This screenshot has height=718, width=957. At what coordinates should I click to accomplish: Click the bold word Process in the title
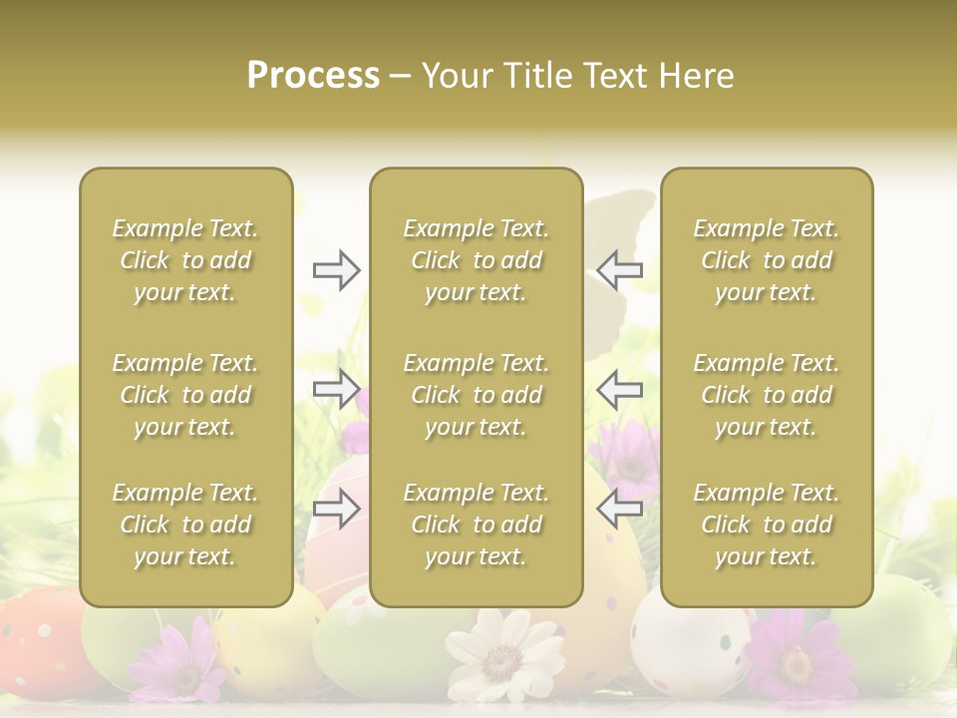coord(313,75)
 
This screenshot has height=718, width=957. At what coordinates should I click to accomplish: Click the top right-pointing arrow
coord(336,270)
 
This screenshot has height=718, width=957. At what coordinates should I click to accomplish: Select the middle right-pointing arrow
coord(336,388)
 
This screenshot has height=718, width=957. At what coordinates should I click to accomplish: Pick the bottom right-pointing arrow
coord(336,509)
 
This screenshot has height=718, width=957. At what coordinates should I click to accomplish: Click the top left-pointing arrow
coord(620,270)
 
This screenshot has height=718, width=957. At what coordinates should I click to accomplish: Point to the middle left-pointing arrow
coord(620,388)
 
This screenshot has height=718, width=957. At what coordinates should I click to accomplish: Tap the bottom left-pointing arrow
coord(620,509)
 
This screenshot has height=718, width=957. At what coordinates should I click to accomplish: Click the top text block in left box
coord(185,260)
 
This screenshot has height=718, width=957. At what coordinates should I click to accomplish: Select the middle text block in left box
coord(185,395)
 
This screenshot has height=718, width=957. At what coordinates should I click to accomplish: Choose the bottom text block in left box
coord(185,525)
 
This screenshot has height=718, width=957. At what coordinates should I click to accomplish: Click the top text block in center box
coord(477,260)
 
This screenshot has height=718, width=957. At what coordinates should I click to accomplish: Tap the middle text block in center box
coord(477,395)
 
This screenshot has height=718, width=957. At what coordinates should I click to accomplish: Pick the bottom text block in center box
coord(477,525)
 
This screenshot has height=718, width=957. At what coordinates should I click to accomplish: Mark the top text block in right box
coord(767,260)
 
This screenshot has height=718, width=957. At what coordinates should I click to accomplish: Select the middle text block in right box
coord(767,395)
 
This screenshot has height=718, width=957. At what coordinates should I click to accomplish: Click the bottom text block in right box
coord(767,525)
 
